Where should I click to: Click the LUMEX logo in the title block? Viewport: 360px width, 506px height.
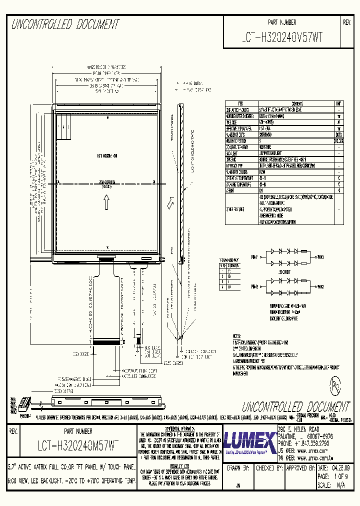point(249,441)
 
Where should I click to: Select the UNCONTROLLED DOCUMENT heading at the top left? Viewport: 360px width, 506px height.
point(65,24)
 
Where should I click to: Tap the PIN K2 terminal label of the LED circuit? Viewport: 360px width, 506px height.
point(320,286)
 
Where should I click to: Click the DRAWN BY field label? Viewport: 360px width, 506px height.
point(238,468)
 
